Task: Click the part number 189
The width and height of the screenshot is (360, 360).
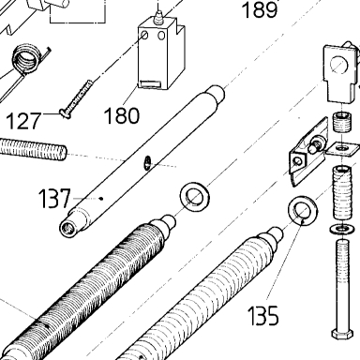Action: (260, 9)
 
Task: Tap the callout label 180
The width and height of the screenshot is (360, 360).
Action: (122, 115)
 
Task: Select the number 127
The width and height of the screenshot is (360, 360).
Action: (23, 121)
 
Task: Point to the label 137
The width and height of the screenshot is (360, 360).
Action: (54, 199)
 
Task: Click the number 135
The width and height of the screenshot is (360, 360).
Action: (263, 315)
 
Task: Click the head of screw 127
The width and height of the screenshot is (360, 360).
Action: (66, 113)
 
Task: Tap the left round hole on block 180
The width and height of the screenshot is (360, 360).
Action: (144, 36)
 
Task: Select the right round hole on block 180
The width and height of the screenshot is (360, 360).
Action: (161, 36)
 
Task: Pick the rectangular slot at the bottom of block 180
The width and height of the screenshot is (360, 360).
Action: (150, 84)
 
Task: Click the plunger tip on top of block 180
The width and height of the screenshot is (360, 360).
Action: (159, 15)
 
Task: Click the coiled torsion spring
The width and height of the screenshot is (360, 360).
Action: (27, 60)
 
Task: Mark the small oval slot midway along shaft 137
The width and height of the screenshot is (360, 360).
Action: (147, 162)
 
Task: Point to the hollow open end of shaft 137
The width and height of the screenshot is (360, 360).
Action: (67, 229)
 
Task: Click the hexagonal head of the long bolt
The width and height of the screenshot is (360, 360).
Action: (342, 333)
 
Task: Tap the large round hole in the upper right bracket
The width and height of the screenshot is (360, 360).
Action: (338, 65)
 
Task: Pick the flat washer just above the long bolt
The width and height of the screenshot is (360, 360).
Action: (342, 229)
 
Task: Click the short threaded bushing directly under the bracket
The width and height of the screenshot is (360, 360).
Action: (341, 122)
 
